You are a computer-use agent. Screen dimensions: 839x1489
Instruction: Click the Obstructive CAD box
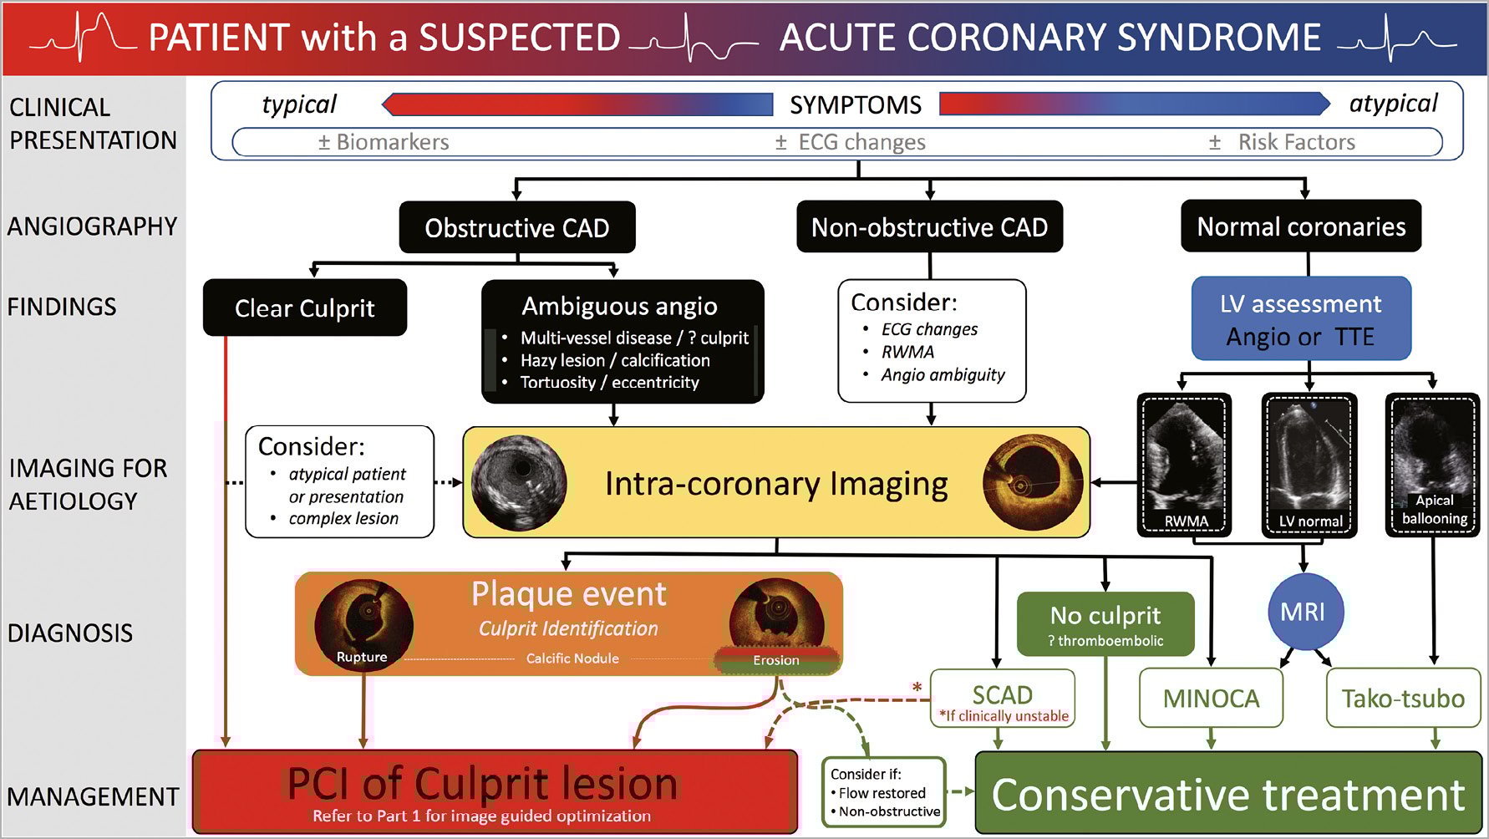pos(516,227)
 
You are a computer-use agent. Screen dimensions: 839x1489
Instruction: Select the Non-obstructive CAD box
pos(929,226)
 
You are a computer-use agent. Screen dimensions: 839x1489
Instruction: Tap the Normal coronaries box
pos(1300,226)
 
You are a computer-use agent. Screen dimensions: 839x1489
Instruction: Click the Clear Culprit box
pos(304,308)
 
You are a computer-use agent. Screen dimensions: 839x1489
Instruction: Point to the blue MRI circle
pos(1303,612)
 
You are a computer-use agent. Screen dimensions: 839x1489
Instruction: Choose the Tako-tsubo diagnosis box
pos(1402,698)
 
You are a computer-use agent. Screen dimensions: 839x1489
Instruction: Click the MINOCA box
pos(1211,698)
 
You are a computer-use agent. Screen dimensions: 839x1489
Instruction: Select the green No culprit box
pos(1105,623)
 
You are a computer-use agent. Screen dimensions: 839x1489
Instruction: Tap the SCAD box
pos(1002,698)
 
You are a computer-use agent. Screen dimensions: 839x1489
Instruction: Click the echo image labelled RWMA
pos(1184,464)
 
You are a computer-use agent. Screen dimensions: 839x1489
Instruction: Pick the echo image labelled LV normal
pos(1309,464)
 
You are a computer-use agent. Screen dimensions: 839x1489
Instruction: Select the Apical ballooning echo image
pos(1432,464)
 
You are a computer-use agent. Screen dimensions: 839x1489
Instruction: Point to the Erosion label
pos(776,660)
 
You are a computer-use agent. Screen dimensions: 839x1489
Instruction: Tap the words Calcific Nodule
pos(572,658)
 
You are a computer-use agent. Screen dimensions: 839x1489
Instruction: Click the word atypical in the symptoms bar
pos(1393,104)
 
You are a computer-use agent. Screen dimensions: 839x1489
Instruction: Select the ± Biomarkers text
pos(384,142)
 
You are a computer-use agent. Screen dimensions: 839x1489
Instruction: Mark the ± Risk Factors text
pos(1282,142)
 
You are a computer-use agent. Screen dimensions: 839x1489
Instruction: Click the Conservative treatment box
pos(1227,793)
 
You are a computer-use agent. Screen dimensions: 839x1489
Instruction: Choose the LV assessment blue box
pos(1300,319)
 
